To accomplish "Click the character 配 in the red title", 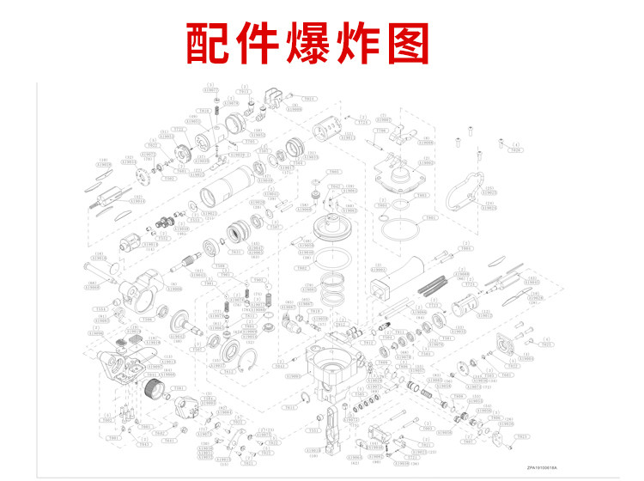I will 213,41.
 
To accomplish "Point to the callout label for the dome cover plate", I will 422,196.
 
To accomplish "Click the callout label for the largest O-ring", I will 383,207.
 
